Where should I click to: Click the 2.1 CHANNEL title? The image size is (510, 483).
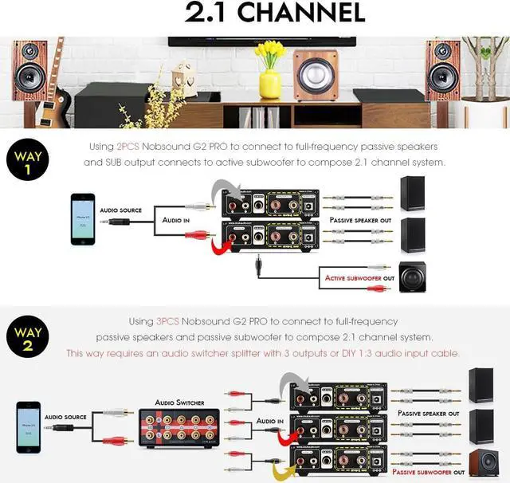274,13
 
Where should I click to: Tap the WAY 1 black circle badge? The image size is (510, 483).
27,159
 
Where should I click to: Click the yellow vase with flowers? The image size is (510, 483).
270,72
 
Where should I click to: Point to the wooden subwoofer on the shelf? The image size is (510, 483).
316,75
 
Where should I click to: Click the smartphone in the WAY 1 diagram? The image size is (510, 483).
82,218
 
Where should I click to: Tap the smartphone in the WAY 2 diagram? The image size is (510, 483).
29,426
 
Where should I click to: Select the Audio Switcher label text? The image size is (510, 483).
179,402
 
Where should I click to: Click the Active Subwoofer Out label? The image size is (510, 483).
359,278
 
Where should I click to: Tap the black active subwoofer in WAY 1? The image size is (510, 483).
412,276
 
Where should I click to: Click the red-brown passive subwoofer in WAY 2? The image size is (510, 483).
482,461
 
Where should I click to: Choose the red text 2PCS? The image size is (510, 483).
127,147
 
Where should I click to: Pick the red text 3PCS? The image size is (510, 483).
168,321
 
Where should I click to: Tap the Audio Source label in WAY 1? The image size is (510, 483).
120,210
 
